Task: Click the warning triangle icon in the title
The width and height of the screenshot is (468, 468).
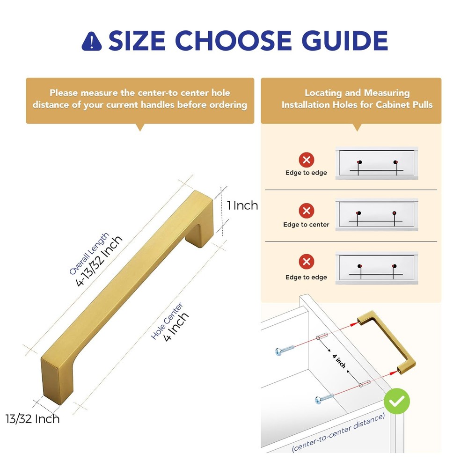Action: pyautogui.click(x=91, y=42)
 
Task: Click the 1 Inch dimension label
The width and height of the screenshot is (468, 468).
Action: pyautogui.click(x=242, y=205)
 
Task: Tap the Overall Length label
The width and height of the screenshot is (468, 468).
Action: pyautogui.click(x=88, y=253)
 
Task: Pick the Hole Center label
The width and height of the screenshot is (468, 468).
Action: pyautogui.click(x=167, y=321)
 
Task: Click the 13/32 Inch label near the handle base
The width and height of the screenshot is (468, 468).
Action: pyautogui.click(x=33, y=418)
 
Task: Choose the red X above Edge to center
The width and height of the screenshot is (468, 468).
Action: pyautogui.click(x=307, y=211)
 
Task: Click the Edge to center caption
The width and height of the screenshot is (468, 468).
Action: pyautogui.click(x=306, y=225)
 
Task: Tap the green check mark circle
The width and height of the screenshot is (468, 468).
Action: pyautogui.click(x=396, y=402)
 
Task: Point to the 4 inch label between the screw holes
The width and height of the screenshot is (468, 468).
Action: pyautogui.click(x=339, y=361)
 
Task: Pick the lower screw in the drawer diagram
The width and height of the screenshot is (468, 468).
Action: pyautogui.click(x=324, y=399)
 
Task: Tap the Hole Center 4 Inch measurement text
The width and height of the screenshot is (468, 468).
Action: pyautogui.click(x=176, y=327)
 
